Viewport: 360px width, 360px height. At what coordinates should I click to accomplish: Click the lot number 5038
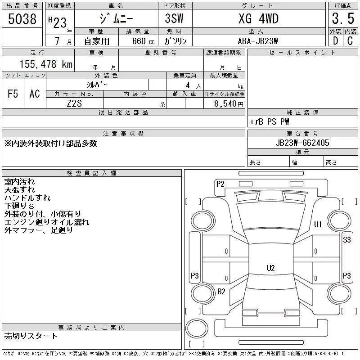click(x=22, y=18)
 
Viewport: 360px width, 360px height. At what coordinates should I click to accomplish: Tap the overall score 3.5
click(x=343, y=18)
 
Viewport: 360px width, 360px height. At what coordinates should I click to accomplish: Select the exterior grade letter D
click(x=335, y=41)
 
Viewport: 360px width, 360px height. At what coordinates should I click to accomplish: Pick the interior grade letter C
click(x=350, y=41)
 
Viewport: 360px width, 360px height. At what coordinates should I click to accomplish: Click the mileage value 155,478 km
click(x=46, y=64)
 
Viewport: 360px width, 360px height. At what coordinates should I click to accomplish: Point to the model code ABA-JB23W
click(x=258, y=41)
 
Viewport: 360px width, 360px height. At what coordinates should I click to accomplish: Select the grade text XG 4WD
click(x=258, y=18)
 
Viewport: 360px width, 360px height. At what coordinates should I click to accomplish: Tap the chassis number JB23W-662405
click(x=302, y=143)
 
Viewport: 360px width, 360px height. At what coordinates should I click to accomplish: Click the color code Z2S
click(x=74, y=103)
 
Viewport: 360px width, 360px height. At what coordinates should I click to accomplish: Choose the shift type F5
click(x=13, y=94)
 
